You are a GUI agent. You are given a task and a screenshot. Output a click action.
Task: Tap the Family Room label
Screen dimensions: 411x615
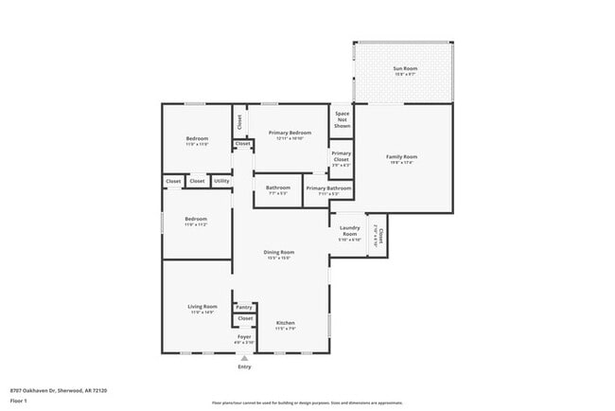tap(401, 156)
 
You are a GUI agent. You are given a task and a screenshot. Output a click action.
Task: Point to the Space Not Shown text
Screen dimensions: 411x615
tap(342, 118)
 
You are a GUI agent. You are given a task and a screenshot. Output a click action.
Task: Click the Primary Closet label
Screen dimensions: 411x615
tap(342, 156)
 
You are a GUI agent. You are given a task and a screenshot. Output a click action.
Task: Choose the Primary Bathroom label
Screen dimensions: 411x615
tap(328, 188)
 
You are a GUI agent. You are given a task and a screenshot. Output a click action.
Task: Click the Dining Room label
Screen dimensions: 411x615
tap(279, 252)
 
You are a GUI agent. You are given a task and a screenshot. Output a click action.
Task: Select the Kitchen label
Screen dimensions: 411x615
tap(286, 324)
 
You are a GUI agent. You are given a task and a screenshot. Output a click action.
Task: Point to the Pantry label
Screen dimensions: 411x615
tap(244, 307)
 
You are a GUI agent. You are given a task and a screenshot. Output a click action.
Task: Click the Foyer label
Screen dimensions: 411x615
tap(244, 335)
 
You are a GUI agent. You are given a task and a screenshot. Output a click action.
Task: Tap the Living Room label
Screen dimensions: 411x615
tap(203, 307)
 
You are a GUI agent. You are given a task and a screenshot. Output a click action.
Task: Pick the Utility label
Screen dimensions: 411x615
tap(221, 181)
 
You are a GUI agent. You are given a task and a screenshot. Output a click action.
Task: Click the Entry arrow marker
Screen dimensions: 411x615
tap(245, 358)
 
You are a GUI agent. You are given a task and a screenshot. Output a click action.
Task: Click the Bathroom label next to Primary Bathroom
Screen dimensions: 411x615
tap(277, 188)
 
